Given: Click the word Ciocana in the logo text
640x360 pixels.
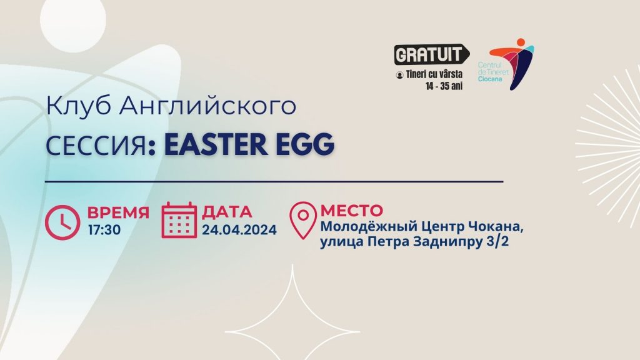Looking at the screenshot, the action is click(490, 79).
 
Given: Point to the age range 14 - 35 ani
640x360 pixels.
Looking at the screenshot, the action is click(444, 86).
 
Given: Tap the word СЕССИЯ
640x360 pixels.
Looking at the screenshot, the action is click(96, 145).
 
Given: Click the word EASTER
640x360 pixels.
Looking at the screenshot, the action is click(216, 144).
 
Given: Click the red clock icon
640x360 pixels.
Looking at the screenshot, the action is click(62, 222).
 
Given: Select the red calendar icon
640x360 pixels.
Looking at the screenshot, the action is click(179, 220).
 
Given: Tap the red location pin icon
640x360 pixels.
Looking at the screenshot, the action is click(303, 220).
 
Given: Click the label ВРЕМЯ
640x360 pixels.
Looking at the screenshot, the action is click(118, 212).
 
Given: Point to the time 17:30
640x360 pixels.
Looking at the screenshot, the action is click(104, 230).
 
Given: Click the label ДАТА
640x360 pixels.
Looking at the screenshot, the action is click(227, 212).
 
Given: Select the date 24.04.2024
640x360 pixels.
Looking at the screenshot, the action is click(239, 230).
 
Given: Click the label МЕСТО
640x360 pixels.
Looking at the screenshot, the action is click(352, 211).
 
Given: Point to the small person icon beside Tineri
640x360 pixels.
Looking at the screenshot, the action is click(399, 75).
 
